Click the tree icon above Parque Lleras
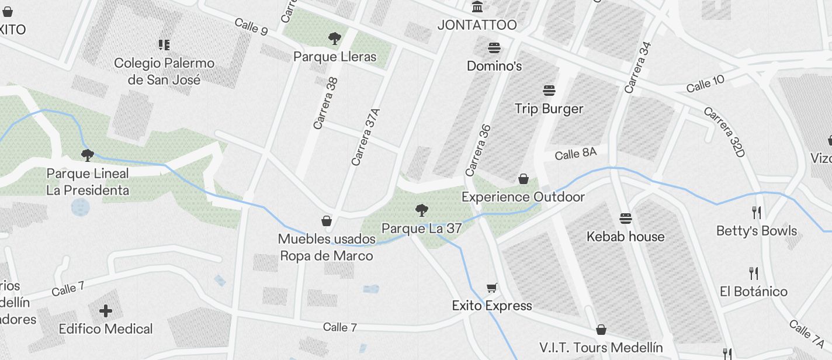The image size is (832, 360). tap(335, 39)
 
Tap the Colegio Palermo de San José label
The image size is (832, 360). tap(164, 71)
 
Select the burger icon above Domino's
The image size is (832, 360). tap(494, 48)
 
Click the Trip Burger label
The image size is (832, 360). tap(549, 109)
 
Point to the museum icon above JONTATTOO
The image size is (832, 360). tap(478, 7)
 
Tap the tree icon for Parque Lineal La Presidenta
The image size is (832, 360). tap(88, 155)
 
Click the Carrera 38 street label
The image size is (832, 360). tap(325, 103)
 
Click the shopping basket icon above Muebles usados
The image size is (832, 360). tap(327, 221)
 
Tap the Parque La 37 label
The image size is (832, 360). tap(421, 229)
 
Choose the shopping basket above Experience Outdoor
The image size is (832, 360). tap(524, 179)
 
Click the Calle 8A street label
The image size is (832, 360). tap(576, 154)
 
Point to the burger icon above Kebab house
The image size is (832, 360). tap(626, 219)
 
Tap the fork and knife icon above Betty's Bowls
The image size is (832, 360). tap(757, 212)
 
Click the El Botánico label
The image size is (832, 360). tap(754, 291)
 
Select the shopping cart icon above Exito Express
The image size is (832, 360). tap(492, 288)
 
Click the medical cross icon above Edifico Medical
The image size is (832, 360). tap(106, 311)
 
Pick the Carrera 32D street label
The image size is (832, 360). tap(725, 131)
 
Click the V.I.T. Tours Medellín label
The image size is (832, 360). tap(601, 348)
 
